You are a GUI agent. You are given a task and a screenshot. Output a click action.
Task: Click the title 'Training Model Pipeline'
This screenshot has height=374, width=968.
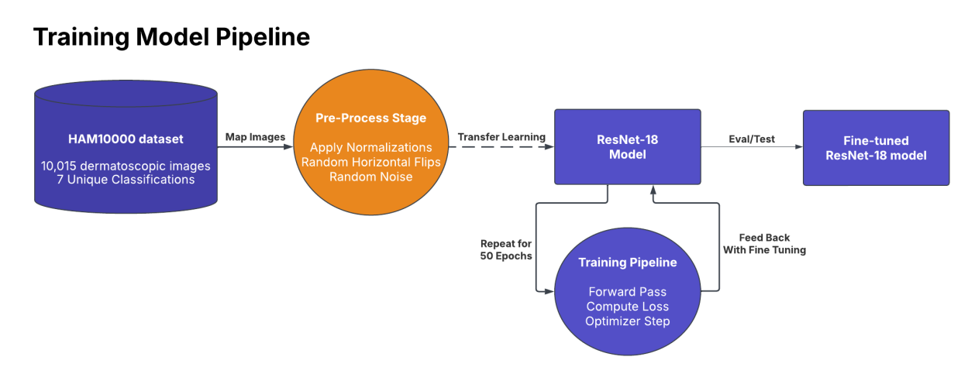(171, 37)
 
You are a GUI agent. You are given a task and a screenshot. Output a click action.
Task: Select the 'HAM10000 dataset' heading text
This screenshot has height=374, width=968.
(126, 139)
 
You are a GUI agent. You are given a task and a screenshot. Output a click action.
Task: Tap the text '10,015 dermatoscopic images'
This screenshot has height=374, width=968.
(126, 166)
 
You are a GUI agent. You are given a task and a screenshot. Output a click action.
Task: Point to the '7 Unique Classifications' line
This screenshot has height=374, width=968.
(126, 180)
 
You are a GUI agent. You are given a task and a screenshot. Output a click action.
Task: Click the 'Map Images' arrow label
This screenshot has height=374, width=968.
(255, 137)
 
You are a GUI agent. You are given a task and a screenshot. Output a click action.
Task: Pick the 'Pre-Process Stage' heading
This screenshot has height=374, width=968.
(370, 118)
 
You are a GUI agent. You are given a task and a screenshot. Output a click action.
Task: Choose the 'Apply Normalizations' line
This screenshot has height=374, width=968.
(370, 148)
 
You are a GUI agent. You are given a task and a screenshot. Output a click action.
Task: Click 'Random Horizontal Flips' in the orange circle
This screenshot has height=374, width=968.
(370, 163)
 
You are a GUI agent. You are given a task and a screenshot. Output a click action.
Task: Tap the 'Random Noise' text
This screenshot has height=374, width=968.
(370, 177)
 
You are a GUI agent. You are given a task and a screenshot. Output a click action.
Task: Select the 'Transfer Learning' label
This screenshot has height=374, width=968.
(501, 137)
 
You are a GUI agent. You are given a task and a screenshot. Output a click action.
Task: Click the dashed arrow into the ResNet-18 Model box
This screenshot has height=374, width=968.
(501, 147)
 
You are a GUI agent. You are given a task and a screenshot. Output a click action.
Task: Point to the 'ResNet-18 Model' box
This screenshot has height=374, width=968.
(628, 147)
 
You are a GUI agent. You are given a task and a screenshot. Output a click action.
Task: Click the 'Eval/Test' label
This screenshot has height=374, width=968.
(752, 139)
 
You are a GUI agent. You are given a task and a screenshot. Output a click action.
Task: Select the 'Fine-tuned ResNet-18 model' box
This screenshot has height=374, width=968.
(876, 148)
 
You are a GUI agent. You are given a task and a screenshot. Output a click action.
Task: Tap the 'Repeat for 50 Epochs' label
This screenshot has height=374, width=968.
(506, 249)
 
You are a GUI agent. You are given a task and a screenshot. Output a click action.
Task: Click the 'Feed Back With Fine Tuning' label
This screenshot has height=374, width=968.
(764, 244)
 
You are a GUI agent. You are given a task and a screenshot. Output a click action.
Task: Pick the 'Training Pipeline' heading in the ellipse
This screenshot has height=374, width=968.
(628, 262)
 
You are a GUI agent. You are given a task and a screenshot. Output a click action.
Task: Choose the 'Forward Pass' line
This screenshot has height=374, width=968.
(628, 292)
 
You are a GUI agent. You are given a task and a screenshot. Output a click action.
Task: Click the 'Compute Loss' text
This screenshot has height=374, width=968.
(628, 307)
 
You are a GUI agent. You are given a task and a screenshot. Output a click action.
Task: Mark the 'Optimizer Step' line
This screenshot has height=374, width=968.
(628, 321)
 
